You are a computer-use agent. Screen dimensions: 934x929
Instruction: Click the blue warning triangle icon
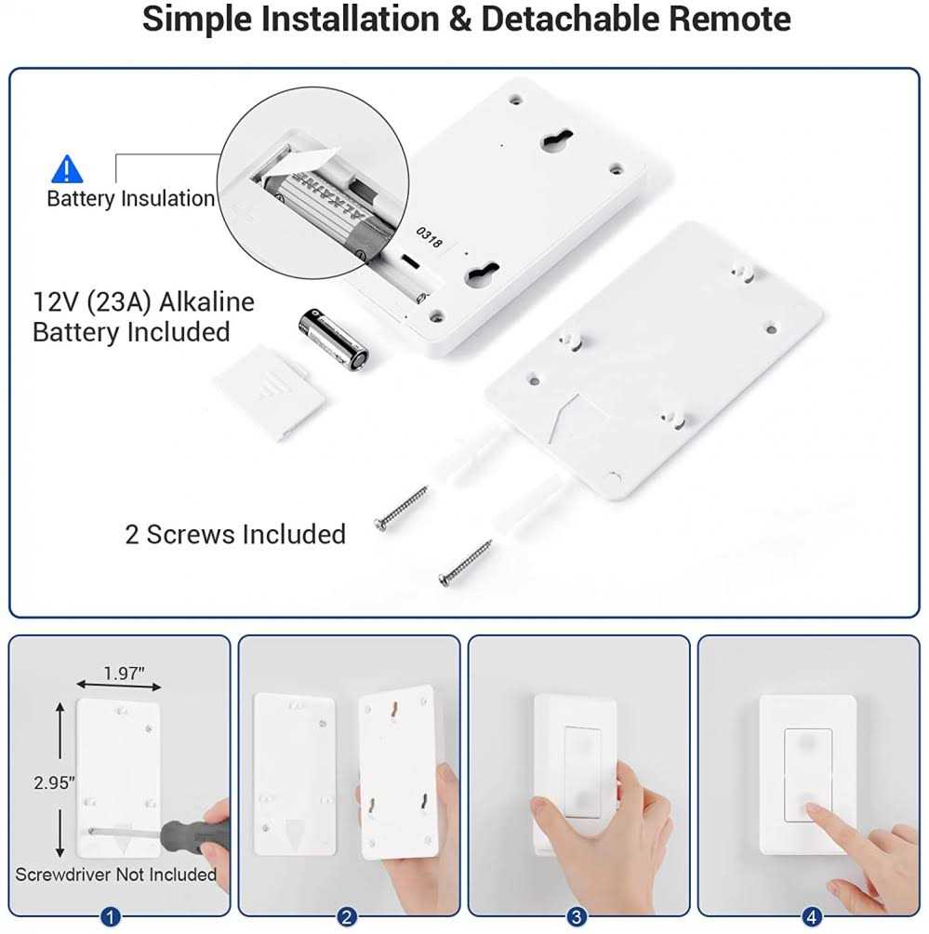[66, 168]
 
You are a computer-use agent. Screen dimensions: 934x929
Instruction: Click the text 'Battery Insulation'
[131, 198]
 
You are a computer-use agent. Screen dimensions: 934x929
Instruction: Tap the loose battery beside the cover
[333, 341]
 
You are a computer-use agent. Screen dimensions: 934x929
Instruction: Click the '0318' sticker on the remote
[429, 236]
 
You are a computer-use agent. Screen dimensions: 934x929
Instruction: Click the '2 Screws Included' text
[235, 534]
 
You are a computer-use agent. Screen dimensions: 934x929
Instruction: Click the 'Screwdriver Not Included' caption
[116, 874]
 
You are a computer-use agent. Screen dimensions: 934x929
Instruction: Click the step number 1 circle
[111, 918]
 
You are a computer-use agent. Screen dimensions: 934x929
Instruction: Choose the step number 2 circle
[347, 918]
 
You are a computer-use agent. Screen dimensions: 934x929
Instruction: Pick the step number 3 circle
[577, 918]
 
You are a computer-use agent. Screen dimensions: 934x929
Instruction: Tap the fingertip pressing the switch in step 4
[816, 813]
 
